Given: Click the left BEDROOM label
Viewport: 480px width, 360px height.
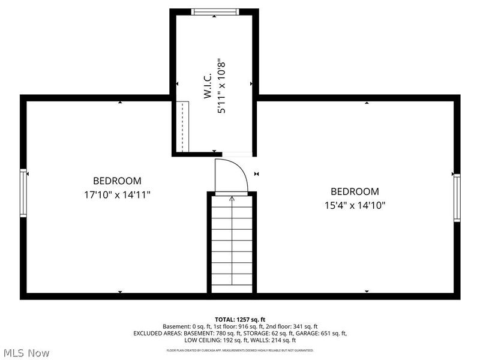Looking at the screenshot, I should pos(117,181).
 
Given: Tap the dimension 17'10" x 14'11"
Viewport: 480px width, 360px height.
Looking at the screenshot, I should pos(117,194).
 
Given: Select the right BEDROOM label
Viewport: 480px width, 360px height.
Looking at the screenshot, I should pos(355,192).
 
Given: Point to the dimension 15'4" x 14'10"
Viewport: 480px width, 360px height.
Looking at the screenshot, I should pos(355,205).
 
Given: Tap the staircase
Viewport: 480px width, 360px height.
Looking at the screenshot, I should pos(232,243).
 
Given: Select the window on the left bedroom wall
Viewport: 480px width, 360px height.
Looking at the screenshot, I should pos(23,193).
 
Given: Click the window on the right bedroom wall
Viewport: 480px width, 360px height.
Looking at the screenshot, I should pos(457,197).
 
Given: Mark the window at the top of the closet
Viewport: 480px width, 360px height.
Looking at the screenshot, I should pos(215,11).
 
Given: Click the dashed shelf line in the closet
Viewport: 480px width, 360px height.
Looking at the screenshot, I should pos(182,127).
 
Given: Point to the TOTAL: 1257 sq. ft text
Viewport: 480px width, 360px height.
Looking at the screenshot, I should pos(240,319).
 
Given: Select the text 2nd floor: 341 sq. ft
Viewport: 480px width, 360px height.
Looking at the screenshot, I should pos(293,326).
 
